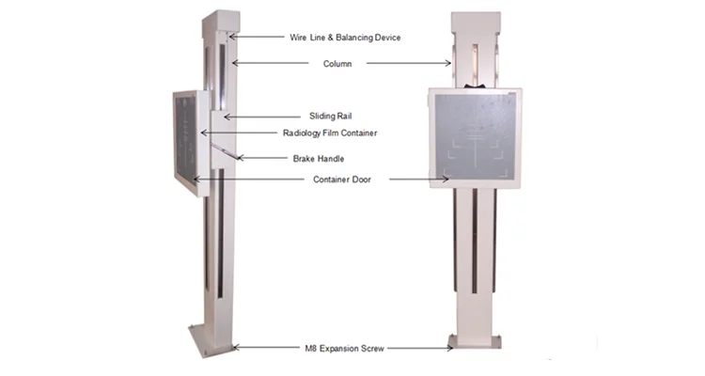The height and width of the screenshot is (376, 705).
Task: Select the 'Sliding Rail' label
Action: [305, 116]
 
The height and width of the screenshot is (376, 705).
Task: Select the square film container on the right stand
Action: [475, 138]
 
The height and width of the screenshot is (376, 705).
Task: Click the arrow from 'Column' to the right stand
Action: [410, 63]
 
